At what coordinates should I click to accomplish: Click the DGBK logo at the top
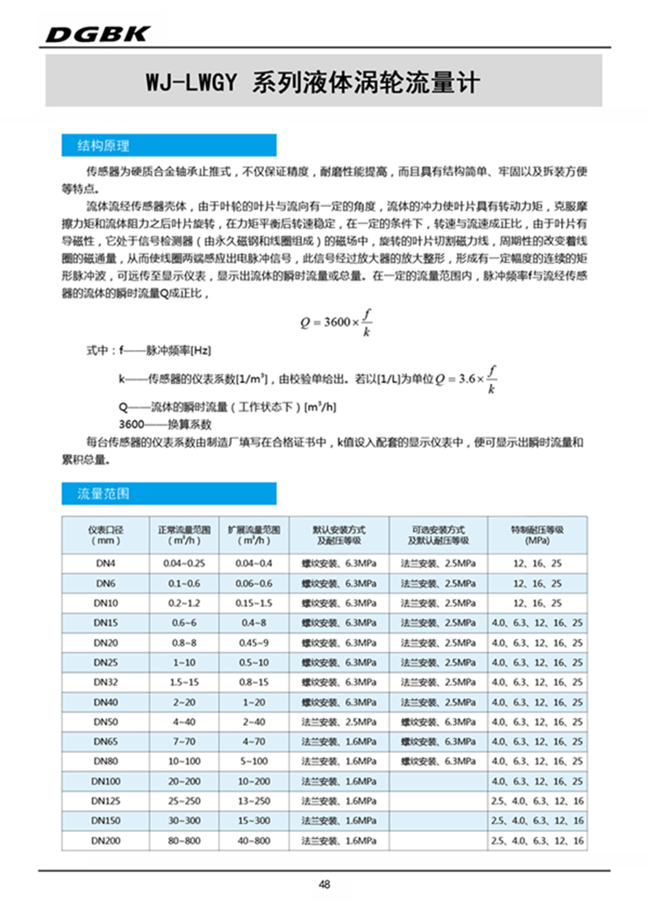tap(97, 33)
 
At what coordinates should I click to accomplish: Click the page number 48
tap(324, 885)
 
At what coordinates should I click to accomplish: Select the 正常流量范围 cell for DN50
tap(184, 722)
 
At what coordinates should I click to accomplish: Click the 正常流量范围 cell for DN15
tap(184, 622)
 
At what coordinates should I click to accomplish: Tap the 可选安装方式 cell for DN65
tap(437, 741)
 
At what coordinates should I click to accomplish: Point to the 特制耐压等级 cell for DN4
tap(536, 562)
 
